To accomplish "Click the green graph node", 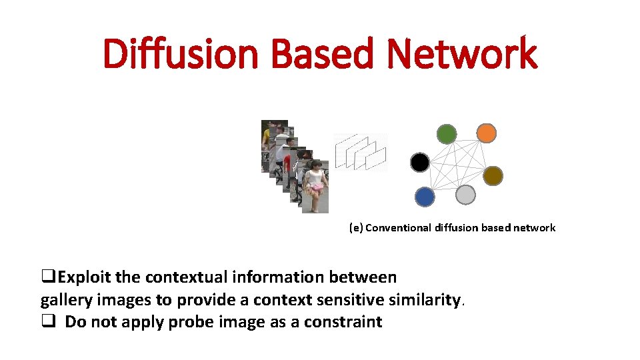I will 447,134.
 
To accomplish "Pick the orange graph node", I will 487,133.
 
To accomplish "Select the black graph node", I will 420,162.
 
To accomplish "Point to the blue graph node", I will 425,197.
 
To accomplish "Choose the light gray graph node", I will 465,195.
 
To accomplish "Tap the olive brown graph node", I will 493,175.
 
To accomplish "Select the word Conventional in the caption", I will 399,228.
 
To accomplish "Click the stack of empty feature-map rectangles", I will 361,151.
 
